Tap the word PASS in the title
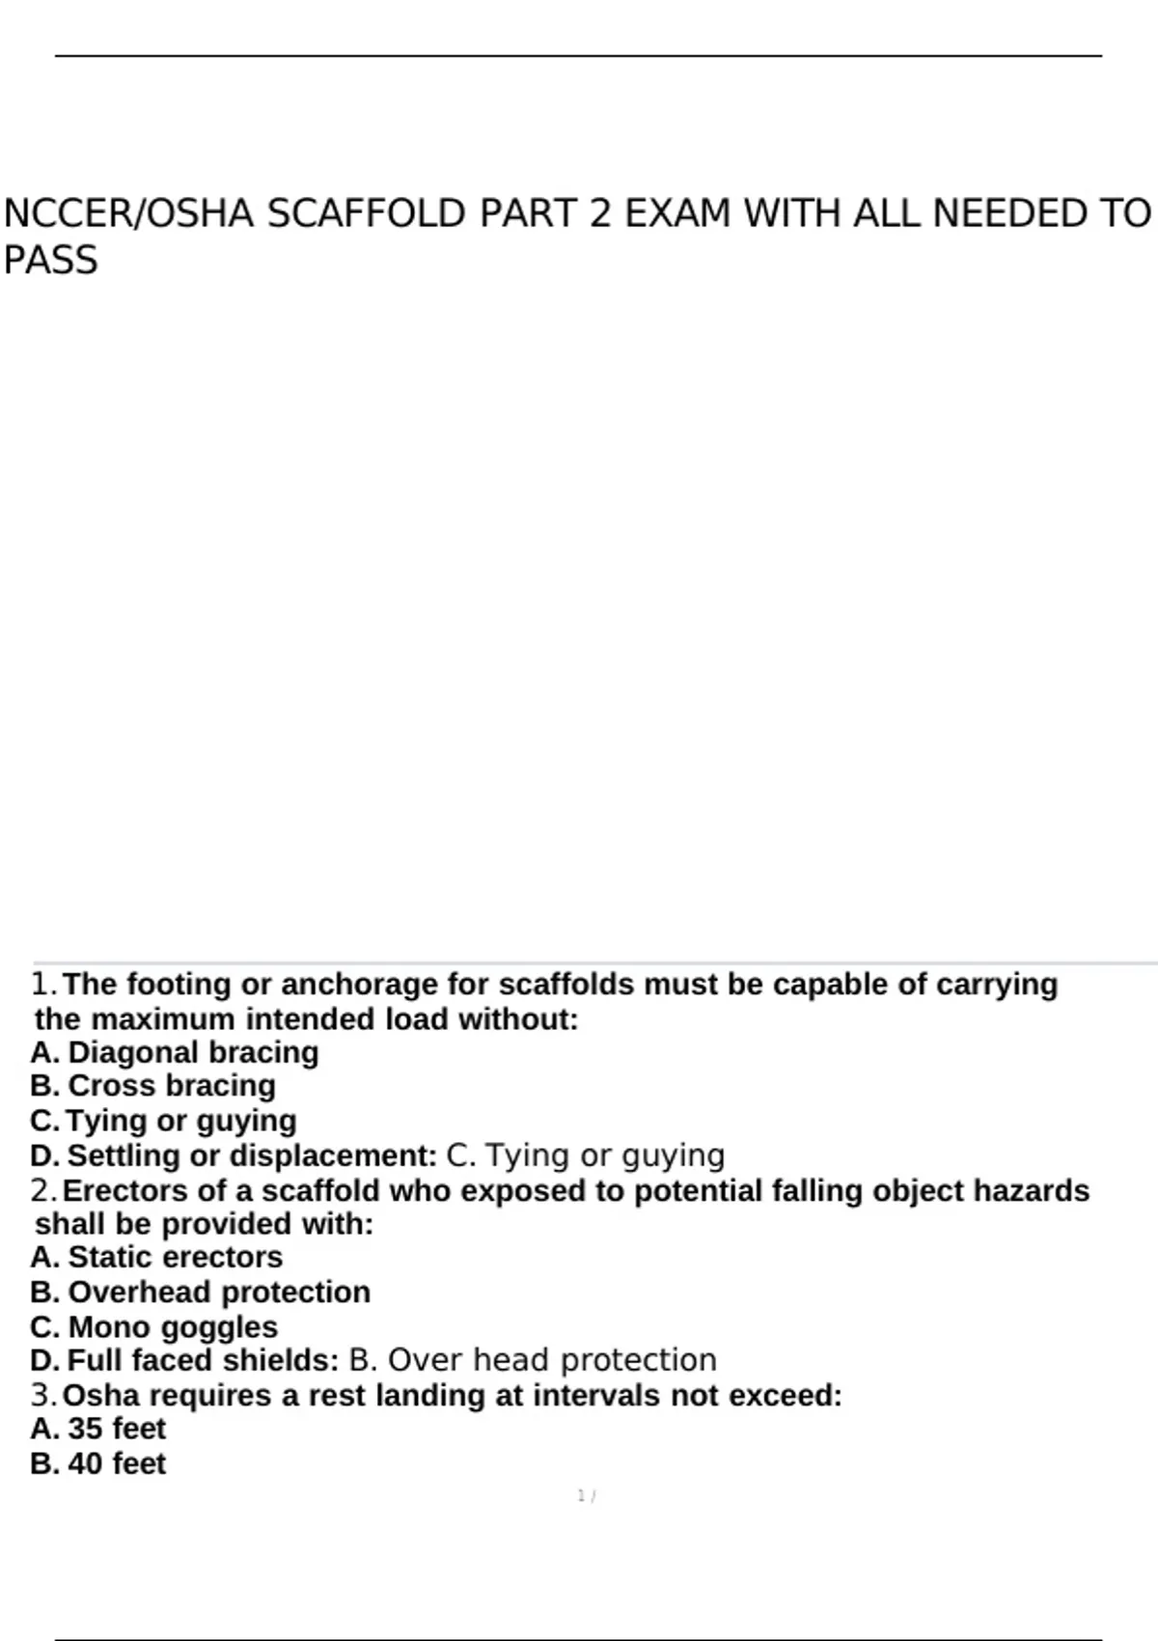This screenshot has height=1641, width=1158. (50, 261)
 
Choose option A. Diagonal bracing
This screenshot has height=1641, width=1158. (175, 1052)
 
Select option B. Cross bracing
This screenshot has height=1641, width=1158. (153, 1086)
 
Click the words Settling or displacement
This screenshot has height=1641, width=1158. (251, 1155)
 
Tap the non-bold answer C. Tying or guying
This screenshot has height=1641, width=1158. (586, 1155)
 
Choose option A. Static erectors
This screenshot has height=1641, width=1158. (156, 1257)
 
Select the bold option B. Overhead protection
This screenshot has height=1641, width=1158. (201, 1292)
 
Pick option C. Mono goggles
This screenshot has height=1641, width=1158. (154, 1327)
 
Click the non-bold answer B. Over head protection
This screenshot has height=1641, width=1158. (533, 1360)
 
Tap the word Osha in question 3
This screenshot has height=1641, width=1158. (101, 1396)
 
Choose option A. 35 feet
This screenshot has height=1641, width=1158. (98, 1429)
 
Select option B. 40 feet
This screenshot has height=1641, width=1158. (98, 1463)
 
